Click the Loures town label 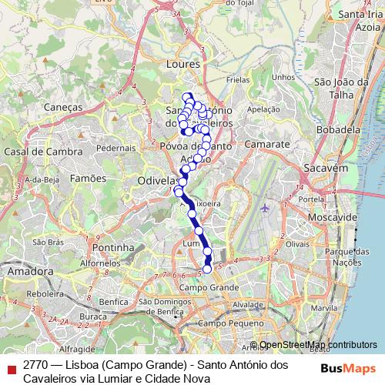(184, 65)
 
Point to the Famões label (87, 178)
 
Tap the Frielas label (239, 79)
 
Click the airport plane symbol (266, 207)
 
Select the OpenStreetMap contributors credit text (318, 345)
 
